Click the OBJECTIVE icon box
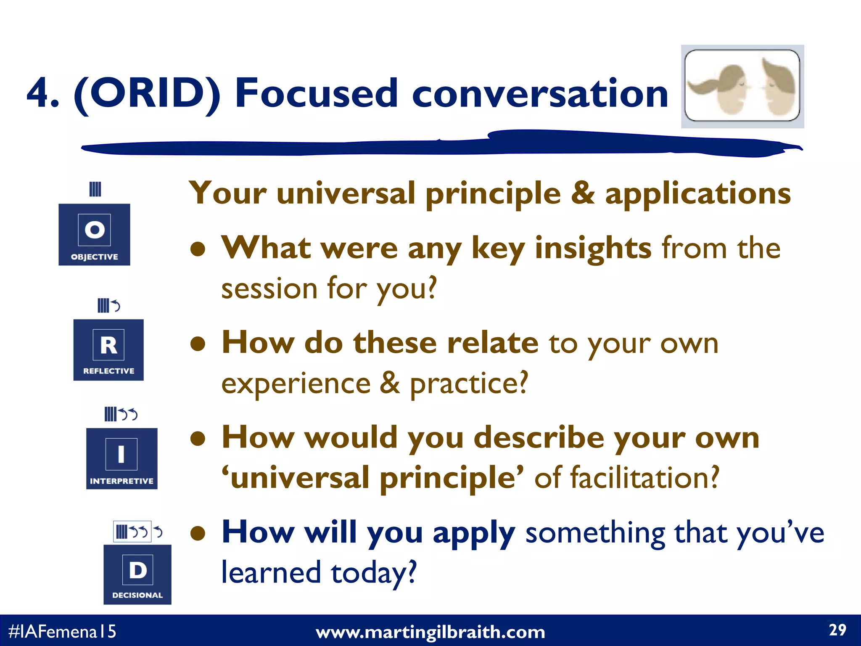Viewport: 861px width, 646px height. [x=94, y=234]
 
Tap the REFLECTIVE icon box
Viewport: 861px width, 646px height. [x=108, y=350]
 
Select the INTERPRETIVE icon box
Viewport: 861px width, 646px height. [x=121, y=458]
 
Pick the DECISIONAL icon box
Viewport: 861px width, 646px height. [x=137, y=575]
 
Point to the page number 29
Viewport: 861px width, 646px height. [x=837, y=630]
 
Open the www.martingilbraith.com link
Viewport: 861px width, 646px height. [x=430, y=632]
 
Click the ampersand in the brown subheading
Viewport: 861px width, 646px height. [x=583, y=193]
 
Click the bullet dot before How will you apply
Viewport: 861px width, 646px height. [x=198, y=534]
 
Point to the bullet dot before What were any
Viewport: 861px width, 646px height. [x=198, y=249]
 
